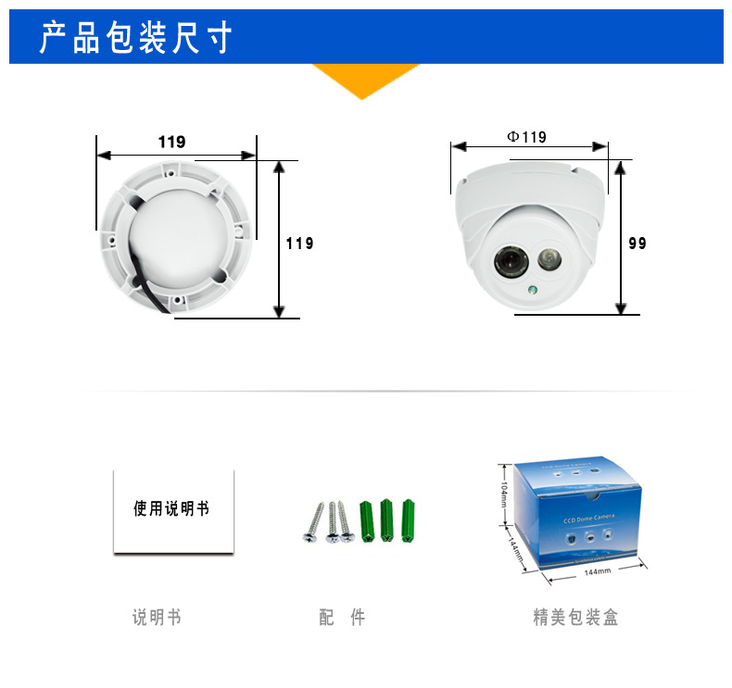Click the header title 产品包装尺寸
pyautogui.click(x=135, y=40)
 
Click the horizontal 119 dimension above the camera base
pyautogui.click(x=171, y=142)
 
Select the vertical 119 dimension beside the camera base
pyautogui.click(x=299, y=244)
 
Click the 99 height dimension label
pyautogui.click(x=637, y=244)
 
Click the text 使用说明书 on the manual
pyautogui.click(x=172, y=508)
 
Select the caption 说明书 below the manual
pyautogui.click(x=157, y=618)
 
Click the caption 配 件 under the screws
pyautogui.click(x=342, y=618)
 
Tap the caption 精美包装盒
pyautogui.click(x=575, y=618)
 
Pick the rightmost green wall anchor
pyautogui.click(x=408, y=521)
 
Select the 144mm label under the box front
pyautogui.click(x=597, y=571)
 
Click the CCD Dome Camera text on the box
pyautogui.click(x=589, y=521)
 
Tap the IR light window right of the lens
pyautogui.click(x=547, y=256)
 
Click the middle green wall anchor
pyautogui.click(x=386, y=521)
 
